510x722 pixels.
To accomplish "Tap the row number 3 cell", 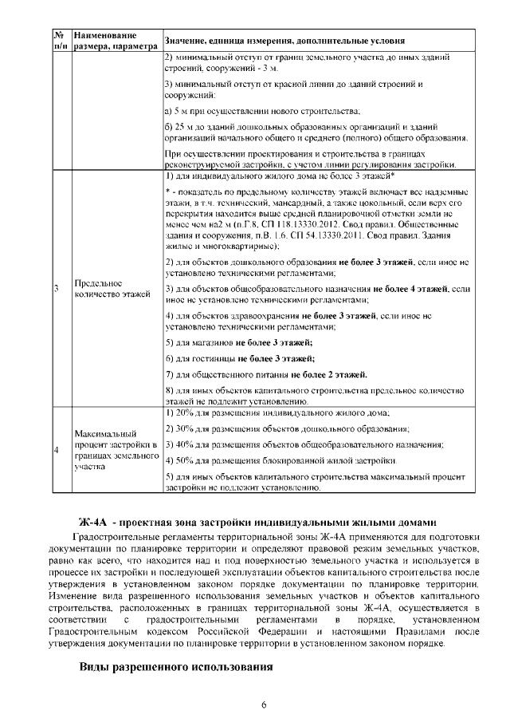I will coord(57,289).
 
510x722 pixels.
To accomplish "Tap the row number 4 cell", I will coord(57,449).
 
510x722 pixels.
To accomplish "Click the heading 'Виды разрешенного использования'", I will coord(176,665).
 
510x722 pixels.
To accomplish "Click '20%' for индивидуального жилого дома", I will coord(186,413).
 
